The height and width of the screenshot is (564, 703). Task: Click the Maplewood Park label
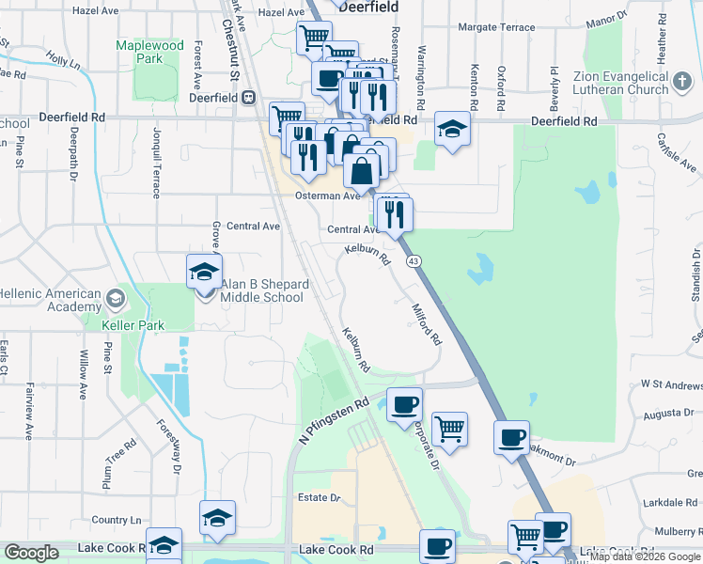pos(148,52)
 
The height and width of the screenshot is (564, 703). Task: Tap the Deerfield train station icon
pos(249,96)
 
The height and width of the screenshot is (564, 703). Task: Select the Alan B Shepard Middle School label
pos(262,290)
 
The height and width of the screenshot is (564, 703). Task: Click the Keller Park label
pos(133,325)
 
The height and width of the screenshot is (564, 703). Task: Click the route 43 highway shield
pos(412,260)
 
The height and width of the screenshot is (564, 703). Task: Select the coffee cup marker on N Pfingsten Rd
pos(404,405)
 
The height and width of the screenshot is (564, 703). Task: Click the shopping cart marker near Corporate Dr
pos(450,429)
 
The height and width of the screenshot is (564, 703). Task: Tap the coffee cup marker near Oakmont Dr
pos(512,437)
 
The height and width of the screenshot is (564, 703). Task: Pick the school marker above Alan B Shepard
pos(204,273)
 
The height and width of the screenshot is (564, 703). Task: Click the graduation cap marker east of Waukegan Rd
pos(452,131)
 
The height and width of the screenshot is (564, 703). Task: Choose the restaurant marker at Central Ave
pos(394,214)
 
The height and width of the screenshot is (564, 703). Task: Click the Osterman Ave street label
pos(337,196)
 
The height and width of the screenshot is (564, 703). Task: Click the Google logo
pos(31,553)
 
